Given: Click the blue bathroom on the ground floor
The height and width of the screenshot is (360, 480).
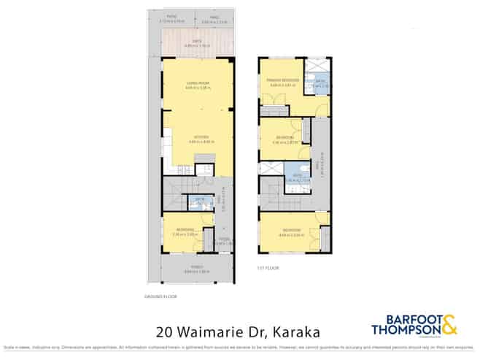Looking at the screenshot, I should point(198,201).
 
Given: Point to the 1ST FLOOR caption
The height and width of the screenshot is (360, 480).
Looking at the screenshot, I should point(268,268).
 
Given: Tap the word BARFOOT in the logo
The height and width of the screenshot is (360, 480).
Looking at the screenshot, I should point(400,319).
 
